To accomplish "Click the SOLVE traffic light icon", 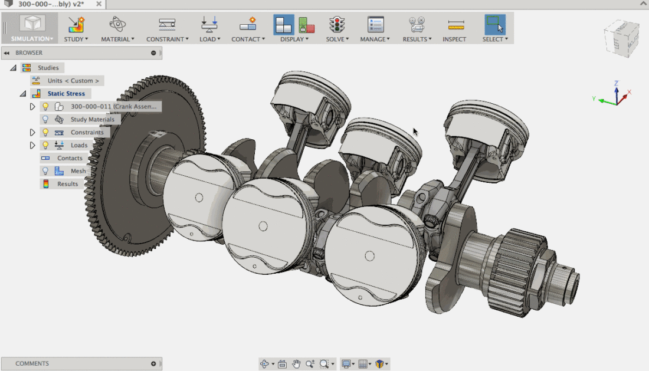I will pyautogui.click(x=337, y=25).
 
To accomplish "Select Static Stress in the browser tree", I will pyautogui.click(x=66, y=94).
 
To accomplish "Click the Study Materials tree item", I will pyautogui.click(x=92, y=119).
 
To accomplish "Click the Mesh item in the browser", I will pyautogui.click(x=78, y=171).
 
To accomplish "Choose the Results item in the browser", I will pyautogui.click(x=67, y=184).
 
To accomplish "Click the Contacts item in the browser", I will pyautogui.click(x=70, y=158).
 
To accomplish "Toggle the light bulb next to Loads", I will pyautogui.click(x=45, y=145).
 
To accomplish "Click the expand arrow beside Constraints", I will pyautogui.click(x=32, y=132).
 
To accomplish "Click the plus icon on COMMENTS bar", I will pyautogui.click(x=153, y=364).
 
